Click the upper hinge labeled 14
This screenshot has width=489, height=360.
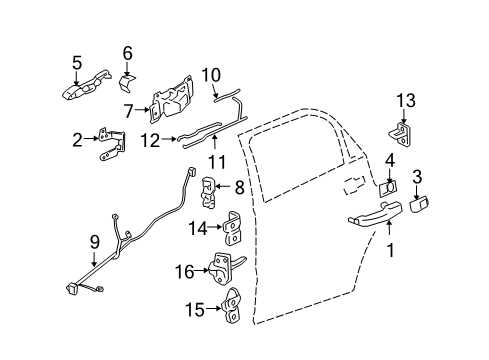coord(229,231)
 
